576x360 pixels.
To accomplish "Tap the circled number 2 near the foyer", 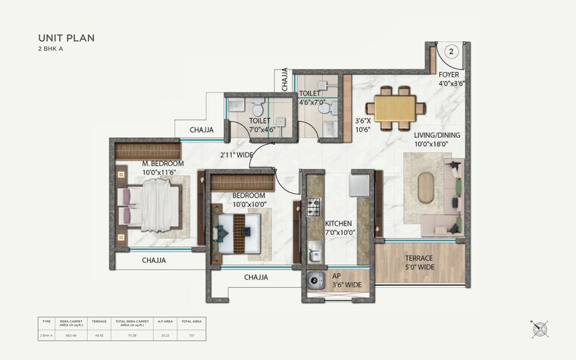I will (x=450, y=52).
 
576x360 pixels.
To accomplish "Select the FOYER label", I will (x=449, y=75).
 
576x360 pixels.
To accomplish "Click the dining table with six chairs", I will (x=395, y=106).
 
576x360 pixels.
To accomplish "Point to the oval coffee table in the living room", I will (x=426, y=186).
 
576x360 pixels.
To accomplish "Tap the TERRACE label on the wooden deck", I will (x=418, y=258).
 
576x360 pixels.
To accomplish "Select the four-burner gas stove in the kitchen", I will (x=314, y=206).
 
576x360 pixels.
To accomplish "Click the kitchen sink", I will (x=315, y=249).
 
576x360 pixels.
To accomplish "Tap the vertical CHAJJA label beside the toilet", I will (x=285, y=80).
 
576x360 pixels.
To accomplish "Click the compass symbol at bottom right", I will (x=541, y=328).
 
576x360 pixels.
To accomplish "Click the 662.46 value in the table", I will (x=73, y=333).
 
